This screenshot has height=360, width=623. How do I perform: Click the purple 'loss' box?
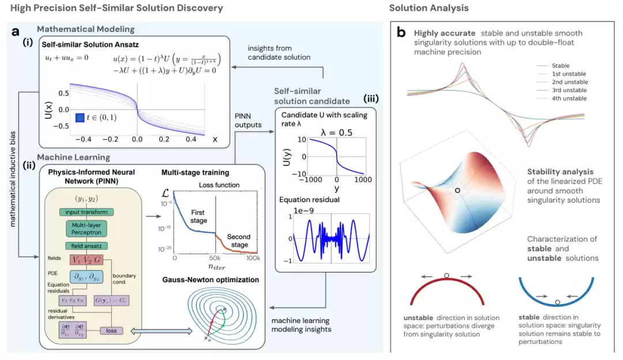pos(111,331)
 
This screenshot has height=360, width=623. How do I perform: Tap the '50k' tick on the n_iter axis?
pos(213,257)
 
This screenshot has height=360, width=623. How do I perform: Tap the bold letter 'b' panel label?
pos(401,33)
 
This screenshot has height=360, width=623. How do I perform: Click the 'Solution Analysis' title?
pos(429,8)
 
